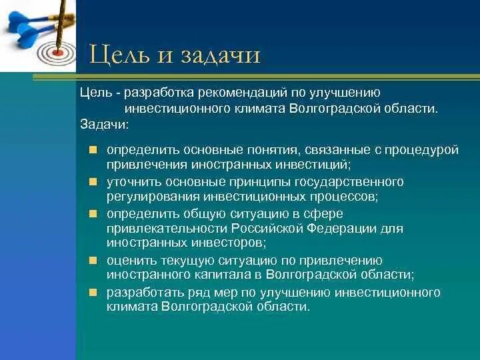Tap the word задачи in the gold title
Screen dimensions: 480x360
pos(220,55)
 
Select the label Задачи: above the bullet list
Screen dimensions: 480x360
pos(105,124)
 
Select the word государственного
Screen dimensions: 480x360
pos(349,182)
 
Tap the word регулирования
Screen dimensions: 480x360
pos(153,197)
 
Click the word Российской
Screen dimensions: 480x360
pos(266,229)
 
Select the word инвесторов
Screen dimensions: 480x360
pos(229,243)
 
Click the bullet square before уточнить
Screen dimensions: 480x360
pos(93,182)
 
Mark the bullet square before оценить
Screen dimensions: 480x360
pos(93,261)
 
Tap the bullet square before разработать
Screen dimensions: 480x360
pos(93,293)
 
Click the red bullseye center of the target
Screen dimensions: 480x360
pos(57,53)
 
